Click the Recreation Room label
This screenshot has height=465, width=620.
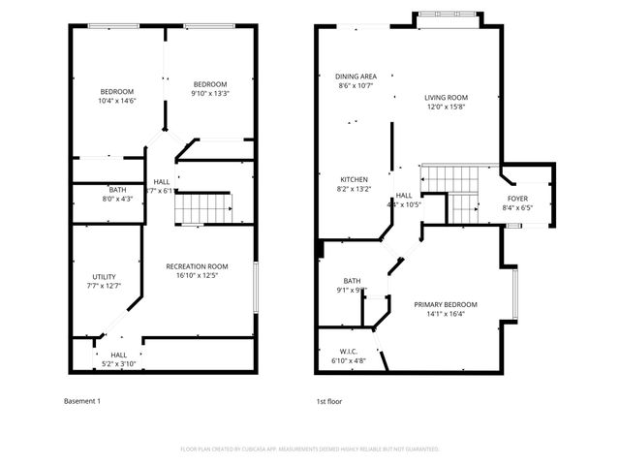coord(197,266)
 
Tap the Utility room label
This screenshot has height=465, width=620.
coord(105,276)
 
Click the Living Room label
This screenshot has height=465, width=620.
coord(446,97)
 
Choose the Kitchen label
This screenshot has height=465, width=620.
coord(354,179)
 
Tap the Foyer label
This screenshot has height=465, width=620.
coord(518,198)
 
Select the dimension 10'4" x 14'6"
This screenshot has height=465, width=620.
coord(116,101)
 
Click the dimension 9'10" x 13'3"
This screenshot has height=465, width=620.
coord(209,93)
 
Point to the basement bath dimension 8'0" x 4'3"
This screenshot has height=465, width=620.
coord(117,199)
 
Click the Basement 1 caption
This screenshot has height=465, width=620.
coord(82,401)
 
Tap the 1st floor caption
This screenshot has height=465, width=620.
coord(329,401)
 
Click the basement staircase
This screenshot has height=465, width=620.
coord(209,207)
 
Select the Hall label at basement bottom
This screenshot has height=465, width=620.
coord(118,355)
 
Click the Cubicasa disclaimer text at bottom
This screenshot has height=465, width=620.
coord(310,449)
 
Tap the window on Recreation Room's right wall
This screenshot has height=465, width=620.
coord(257,287)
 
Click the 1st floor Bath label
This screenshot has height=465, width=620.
coord(352,281)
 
